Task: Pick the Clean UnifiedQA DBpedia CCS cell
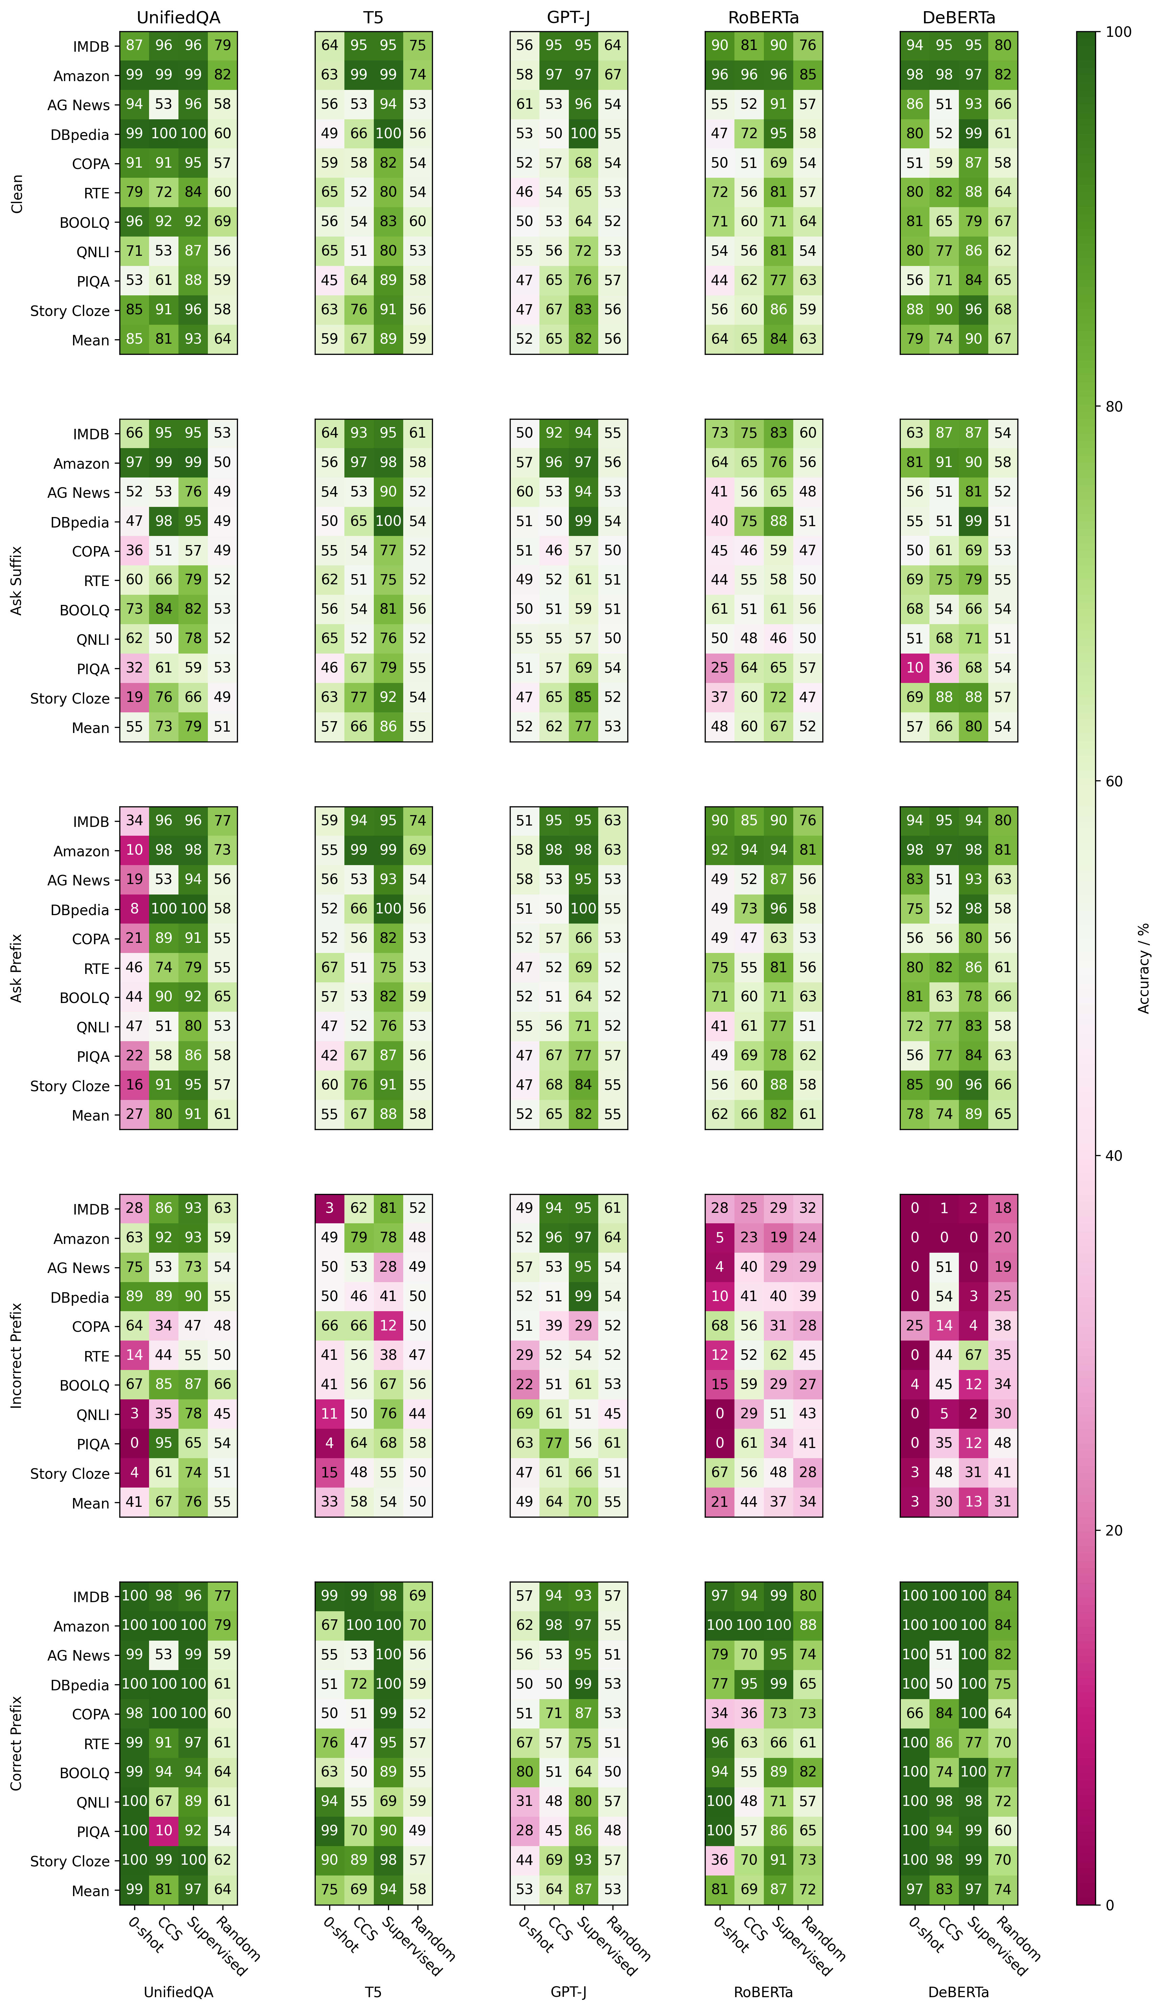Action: coord(164,133)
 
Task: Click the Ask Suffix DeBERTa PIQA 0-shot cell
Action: coord(915,668)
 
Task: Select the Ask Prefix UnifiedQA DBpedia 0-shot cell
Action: coord(134,908)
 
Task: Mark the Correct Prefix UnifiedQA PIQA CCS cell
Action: coord(164,1830)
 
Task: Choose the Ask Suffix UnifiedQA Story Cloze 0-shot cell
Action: coord(134,697)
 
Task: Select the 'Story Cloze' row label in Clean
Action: coord(69,310)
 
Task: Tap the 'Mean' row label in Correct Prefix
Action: coord(90,1890)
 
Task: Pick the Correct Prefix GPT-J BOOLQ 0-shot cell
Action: coord(524,1771)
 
